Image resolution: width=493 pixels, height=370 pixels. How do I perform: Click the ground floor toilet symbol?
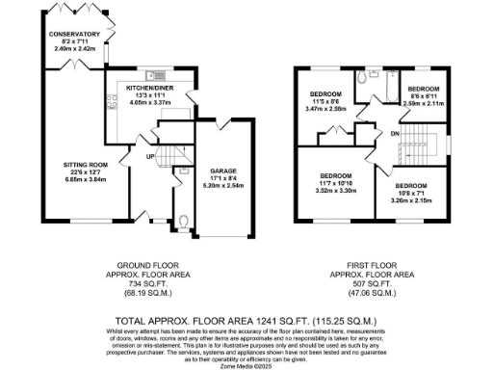[x=183, y=223]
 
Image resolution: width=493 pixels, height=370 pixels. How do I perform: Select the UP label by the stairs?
[x=149, y=156]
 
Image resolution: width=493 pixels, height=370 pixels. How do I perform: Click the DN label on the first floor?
[x=395, y=132]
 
